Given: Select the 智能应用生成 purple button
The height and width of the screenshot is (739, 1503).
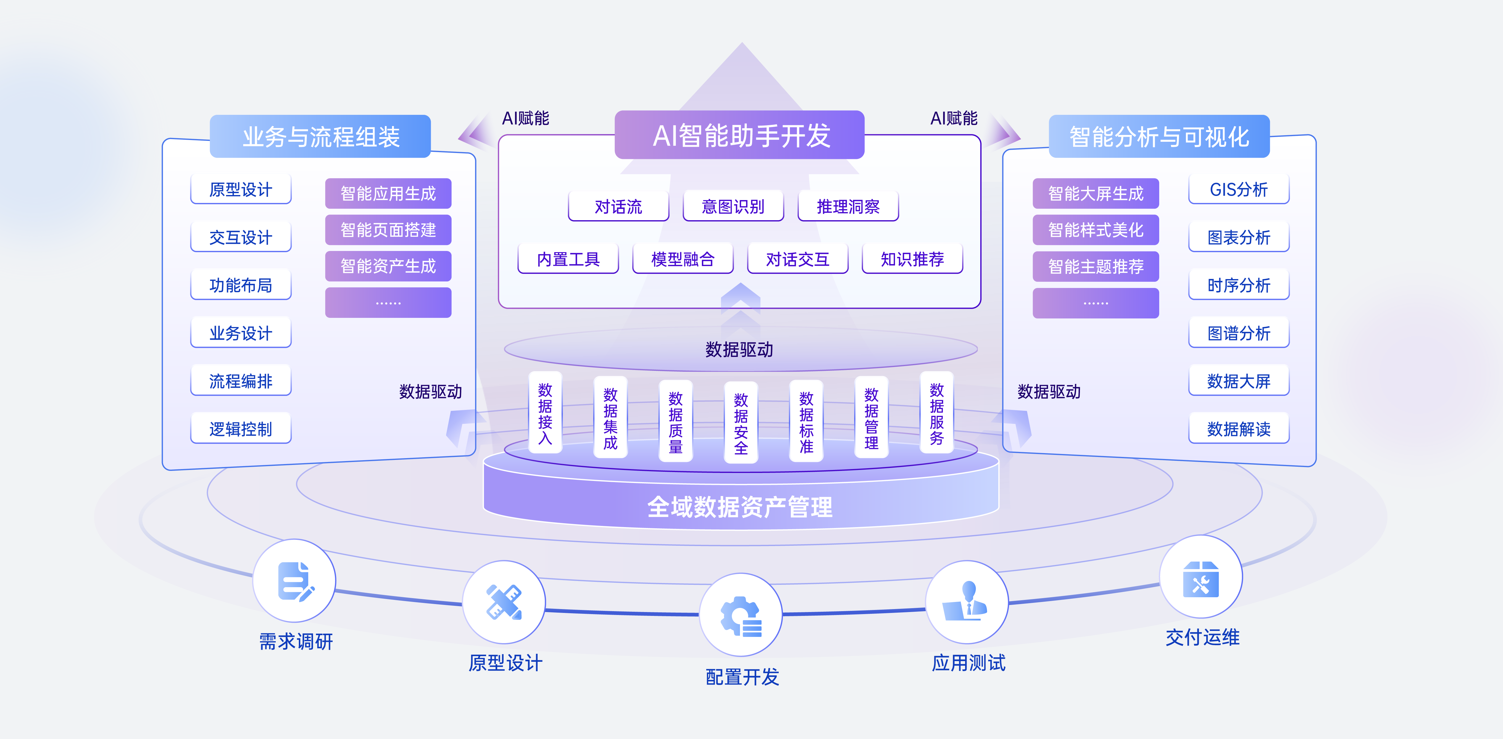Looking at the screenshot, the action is (388, 193).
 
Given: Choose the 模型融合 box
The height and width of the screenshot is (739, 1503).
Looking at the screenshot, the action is (683, 259).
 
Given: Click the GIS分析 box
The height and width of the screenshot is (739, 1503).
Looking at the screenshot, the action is (1239, 189).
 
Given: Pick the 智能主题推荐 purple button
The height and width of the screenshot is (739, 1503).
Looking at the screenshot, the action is (1096, 266).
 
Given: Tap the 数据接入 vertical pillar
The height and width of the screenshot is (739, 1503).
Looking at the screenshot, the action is (545, 413).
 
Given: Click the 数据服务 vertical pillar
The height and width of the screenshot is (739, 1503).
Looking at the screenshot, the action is (936, 413).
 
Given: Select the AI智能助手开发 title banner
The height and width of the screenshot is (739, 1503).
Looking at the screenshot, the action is (739, 135).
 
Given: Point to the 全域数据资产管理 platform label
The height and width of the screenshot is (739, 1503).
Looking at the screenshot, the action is (740, 507).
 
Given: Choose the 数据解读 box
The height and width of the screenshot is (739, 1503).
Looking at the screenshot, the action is (1239, 429).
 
